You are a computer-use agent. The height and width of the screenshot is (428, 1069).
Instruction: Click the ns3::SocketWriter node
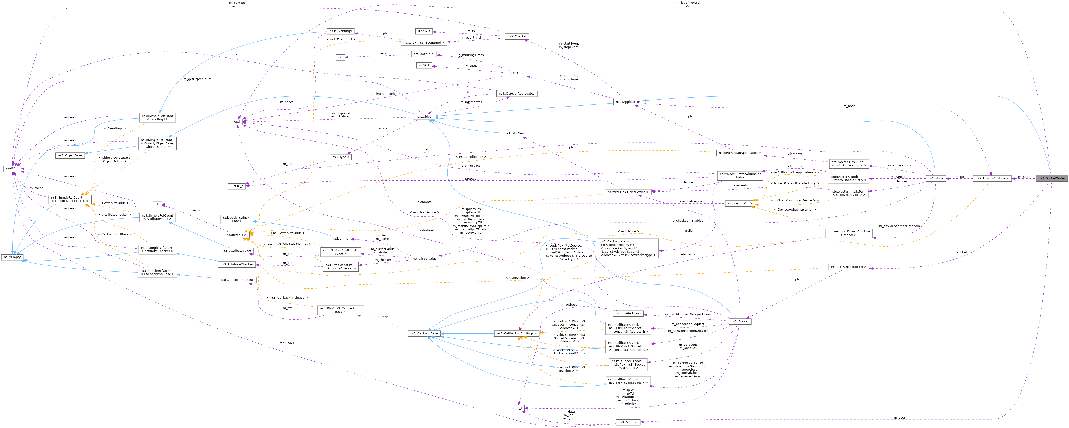1051,178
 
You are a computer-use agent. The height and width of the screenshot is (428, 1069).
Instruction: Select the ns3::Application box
628,102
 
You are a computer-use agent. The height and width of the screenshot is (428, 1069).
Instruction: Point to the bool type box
237,122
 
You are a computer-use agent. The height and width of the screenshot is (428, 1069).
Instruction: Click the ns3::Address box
628,422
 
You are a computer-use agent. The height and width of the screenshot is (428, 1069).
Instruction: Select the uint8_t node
517,408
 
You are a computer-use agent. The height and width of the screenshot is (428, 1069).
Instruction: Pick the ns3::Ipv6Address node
628,314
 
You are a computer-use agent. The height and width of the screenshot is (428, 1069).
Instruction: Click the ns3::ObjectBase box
70,155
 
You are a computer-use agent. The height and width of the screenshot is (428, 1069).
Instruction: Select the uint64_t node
424,31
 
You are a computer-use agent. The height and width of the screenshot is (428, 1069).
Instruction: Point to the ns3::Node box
936,178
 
